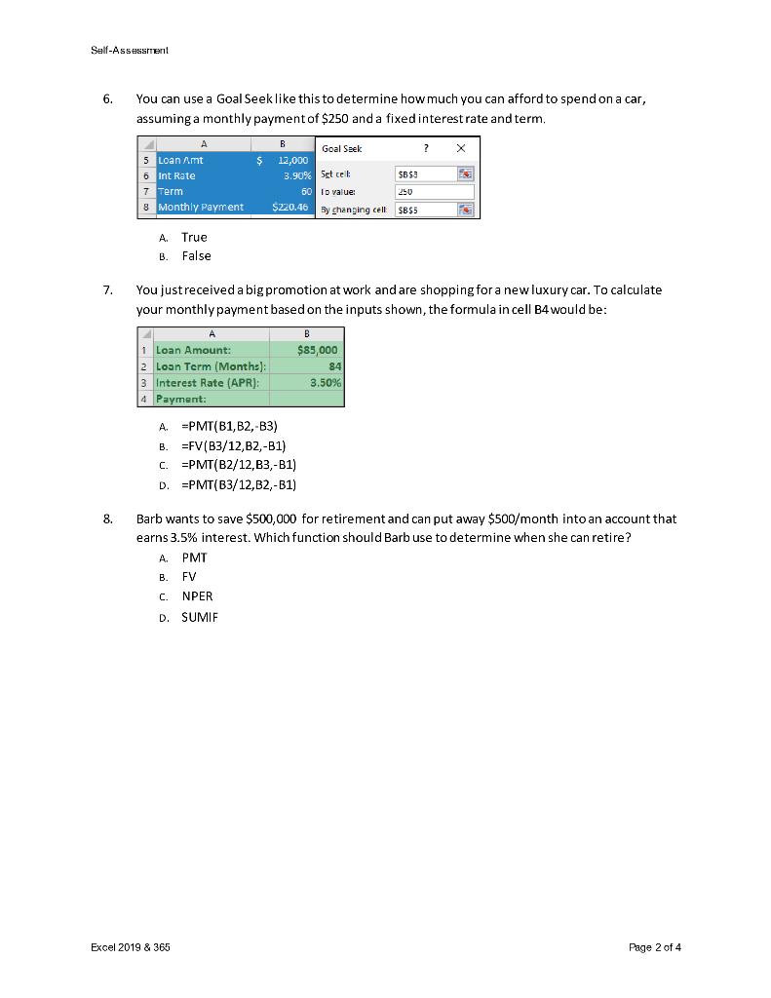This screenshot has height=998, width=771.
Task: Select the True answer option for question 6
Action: (x=194, y=237)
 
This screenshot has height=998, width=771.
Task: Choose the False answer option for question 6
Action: (x=196, y=256)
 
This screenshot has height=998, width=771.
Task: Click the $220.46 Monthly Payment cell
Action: (x=289, y=207)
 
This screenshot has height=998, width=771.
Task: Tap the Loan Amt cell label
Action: (x=181, y=160)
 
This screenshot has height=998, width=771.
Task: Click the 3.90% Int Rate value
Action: (x=296, y=175)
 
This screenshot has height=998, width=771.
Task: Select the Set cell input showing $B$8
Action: (x=426, y=174)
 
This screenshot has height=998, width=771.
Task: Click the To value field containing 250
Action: (x=434, y=192)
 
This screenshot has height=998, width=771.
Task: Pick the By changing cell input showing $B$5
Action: (x=426, y=210)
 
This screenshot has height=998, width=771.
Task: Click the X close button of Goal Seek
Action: (x=461, y=148)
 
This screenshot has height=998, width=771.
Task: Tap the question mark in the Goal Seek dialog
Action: (x=424, y=148)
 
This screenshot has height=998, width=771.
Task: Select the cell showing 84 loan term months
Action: (x=334, y=366)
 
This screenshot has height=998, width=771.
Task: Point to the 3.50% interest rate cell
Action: (x=325, y=383)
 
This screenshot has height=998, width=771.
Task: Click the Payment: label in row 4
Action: (x=180, y=400)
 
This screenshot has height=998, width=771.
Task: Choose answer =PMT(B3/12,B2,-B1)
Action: (x=238, y=484)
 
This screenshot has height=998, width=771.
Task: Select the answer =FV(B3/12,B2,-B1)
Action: (x=233, y=445)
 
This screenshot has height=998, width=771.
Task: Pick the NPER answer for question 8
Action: (x=197, y=596)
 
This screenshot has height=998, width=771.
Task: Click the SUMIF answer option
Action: (x=199, y=617)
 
